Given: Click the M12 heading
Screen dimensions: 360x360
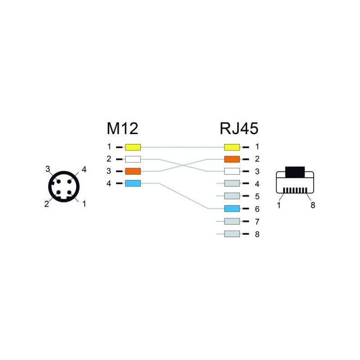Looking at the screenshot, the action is (122, 128).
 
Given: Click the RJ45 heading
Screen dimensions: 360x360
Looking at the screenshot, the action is (239, 128).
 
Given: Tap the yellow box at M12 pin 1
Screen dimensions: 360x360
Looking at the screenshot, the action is (133, 147).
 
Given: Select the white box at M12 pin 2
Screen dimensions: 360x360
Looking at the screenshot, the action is (133, 159).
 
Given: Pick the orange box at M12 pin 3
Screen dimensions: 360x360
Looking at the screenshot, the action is (133, 171).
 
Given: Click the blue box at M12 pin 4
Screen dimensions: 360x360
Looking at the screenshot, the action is (133, 183).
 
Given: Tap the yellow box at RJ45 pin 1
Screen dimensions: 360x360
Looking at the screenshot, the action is (232, 147).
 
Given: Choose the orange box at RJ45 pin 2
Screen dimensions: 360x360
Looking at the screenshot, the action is (232, 159).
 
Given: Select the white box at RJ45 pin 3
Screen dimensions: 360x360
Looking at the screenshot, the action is (232, 171).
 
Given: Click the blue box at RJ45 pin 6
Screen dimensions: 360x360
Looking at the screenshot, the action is (232, 208).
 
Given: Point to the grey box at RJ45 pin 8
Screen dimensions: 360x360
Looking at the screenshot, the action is (232, 234).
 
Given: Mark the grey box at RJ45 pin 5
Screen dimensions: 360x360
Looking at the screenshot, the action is (232, 196).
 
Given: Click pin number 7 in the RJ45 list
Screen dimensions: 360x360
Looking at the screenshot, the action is (257, 221).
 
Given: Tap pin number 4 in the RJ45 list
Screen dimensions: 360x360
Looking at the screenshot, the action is (257, 184).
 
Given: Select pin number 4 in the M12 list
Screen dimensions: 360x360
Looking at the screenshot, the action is (109, 184).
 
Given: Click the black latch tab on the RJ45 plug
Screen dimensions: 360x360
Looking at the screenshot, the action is (295, 172).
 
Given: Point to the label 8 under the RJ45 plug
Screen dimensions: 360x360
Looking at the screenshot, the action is (313, 205).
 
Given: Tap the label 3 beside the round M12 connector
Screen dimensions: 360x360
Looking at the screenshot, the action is (48, 169).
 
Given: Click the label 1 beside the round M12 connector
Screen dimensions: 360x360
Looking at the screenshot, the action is (84, 204).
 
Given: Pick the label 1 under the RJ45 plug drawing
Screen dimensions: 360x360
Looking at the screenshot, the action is (279, 205).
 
